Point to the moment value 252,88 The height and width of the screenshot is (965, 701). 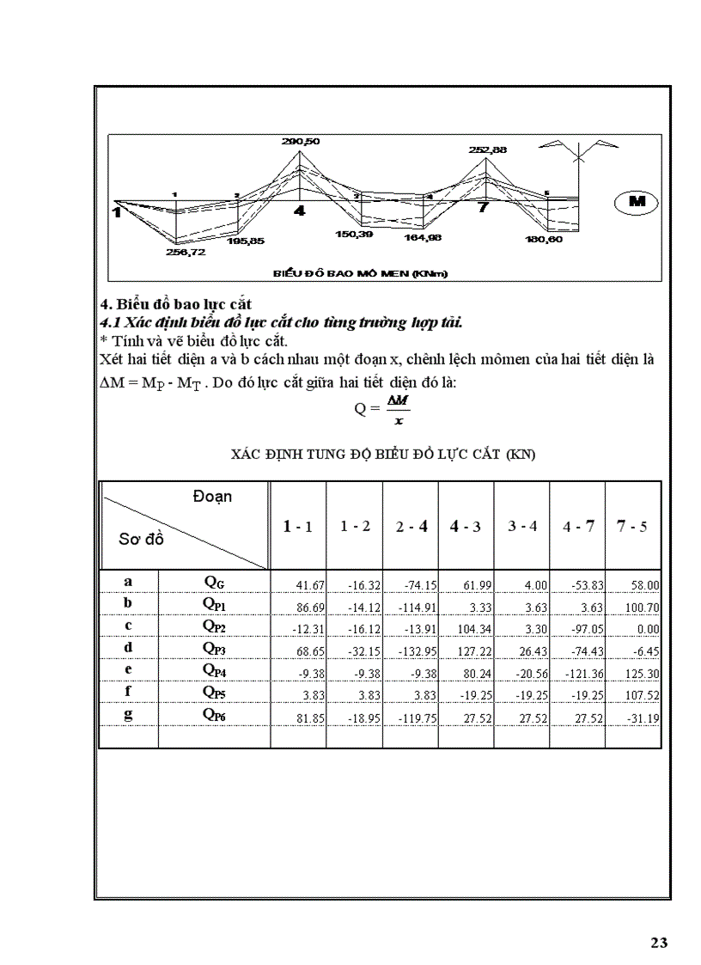488,150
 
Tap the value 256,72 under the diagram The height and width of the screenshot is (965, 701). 186,253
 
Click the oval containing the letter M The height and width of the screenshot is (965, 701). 637,201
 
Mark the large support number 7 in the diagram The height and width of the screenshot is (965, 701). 483,209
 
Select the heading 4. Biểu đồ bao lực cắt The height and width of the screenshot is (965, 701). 176,304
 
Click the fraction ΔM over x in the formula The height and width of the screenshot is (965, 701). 396,410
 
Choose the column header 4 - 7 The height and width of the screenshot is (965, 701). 577,526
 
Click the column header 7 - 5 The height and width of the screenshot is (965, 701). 633,526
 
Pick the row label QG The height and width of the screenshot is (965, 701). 214,583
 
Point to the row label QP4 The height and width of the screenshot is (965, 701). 214,669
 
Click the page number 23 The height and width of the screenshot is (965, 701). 658,943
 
